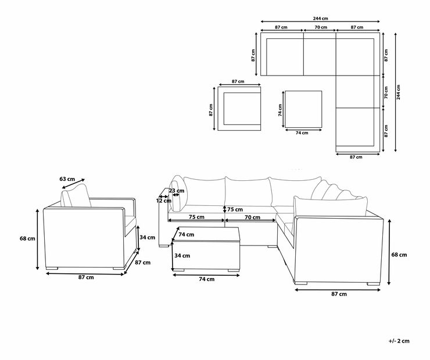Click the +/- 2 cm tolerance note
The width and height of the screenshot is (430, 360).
[399, 341]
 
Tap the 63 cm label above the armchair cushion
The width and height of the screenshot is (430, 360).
[67, 179]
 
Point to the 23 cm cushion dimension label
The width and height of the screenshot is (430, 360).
[177, 190]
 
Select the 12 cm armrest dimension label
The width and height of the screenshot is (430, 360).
[164, 201]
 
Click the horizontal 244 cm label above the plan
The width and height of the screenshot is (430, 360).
[320, 19]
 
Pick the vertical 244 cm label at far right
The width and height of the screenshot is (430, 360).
[398, 92]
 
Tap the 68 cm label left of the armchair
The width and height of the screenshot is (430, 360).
[27, 238]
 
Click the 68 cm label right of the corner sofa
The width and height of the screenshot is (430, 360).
[399, 255]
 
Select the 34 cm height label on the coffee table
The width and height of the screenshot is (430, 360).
[182, 256]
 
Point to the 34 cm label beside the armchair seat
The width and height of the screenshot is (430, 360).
[148, 238]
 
